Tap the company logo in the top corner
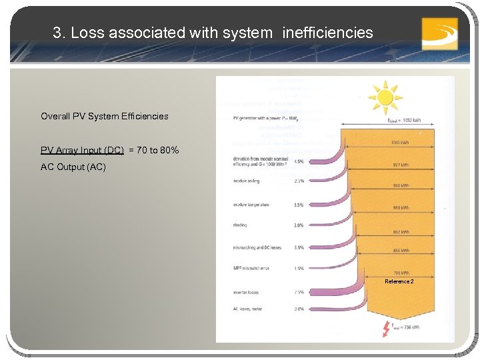pyautogui.click(x=439, y=33)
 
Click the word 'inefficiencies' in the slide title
pyautogui.click(x=328, y=32)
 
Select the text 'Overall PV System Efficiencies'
pyautogui.click(x=104, y=116)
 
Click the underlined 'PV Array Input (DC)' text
pyautogui.click(x=82, y=151)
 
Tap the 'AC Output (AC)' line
pyautogui.click(x=73, y=167)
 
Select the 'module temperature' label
pyautogui.click(x=251, y=205)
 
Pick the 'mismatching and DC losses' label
pyautogui.click(x=257, y=247)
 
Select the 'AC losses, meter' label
pyautogui.click(x=248, y=309)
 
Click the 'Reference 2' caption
pyautogui.click(x=399, y=281)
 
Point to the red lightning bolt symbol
pyautogui.click(x=385, y=329)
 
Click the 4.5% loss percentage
pyautogui.click(x=298, y=161)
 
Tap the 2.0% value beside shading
pyautogui.click(x=298, y=225)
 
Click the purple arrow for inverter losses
pyautogui.click(x=333, y=290)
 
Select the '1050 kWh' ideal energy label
pyautogui.click(x=405, y=121)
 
